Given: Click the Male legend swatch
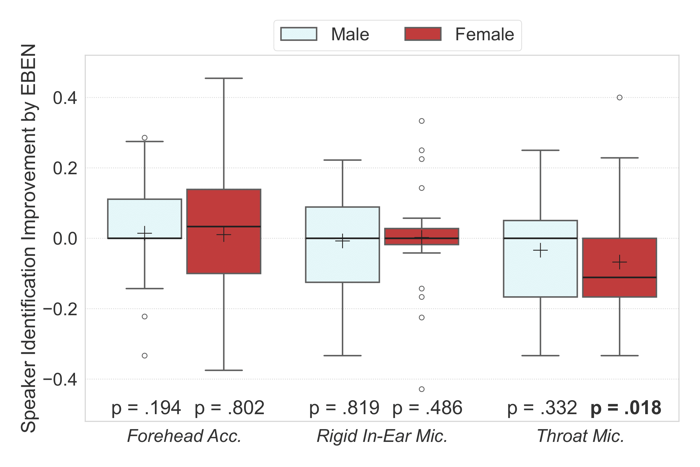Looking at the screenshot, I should pos(298,34).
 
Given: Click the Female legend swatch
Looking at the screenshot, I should pos(423,34).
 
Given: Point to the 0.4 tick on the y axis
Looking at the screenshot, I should pos(65,98).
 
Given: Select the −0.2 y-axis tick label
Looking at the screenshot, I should pos(60,309).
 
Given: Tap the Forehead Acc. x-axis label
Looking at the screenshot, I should pos(184,436).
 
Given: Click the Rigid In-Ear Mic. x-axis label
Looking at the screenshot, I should pos(382,436).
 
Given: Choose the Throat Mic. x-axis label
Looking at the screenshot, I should pos(580,436).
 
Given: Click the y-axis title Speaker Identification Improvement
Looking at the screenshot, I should pos(29,238).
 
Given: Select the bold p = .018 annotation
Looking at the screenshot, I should pos(626,408).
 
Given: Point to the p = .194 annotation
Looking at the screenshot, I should pos(146,408).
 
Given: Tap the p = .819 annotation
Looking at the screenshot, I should pos(344,408).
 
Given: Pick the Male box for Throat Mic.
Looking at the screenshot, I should pos(540,268).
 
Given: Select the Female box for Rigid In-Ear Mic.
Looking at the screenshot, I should pos(422,234).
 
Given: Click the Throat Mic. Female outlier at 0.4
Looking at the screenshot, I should pos(619,98).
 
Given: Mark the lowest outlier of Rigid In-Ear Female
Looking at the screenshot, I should pos(422,389).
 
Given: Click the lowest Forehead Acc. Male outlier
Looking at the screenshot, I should pos(145,356).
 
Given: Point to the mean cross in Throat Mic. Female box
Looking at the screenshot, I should pos(619,262).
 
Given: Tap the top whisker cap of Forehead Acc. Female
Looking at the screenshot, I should pos(224,78).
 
